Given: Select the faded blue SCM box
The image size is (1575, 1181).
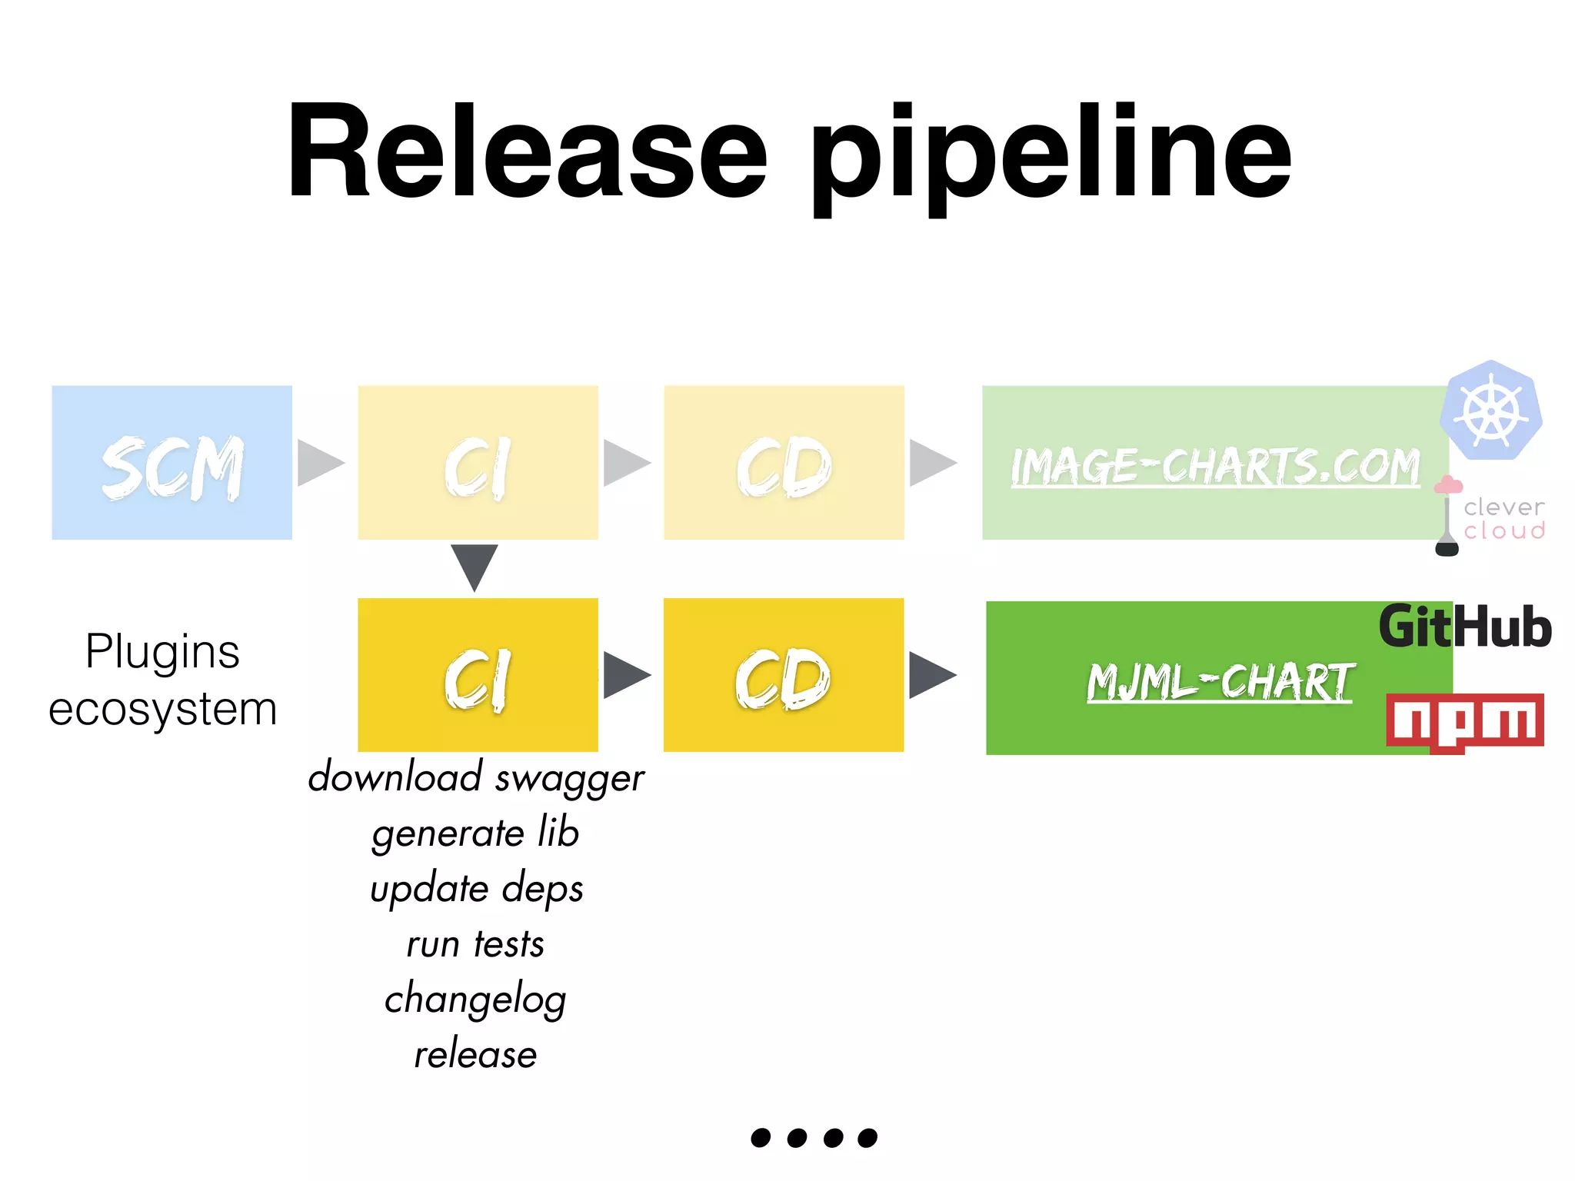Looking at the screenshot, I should (171, 463).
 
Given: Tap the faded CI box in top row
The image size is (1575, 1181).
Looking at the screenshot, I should (478, 463).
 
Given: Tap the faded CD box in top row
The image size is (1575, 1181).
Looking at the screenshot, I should (784, 463).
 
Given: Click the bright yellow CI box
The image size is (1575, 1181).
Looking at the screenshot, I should (478, 675).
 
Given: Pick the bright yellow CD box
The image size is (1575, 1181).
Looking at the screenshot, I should (784, 675).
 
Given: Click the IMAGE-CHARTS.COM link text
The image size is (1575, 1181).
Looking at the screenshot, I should (1215, 467).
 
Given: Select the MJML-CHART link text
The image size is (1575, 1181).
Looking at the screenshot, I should (1220, 682).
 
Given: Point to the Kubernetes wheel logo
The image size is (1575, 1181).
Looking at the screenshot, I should (1491, 411).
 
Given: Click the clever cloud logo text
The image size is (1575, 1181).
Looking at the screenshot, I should (1503, 519).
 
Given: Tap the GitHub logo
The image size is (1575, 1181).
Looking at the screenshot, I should (1464, 627).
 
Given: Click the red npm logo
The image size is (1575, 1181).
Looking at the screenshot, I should (1464, 721).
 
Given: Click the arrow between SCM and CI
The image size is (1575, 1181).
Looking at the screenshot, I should (319, 463).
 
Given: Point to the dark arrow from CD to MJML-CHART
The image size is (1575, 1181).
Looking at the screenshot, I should (931, 675).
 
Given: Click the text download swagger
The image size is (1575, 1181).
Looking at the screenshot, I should (476, 778).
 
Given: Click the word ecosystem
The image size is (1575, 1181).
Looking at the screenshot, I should (162, 709).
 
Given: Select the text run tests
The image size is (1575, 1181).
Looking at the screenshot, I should (475, 944).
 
